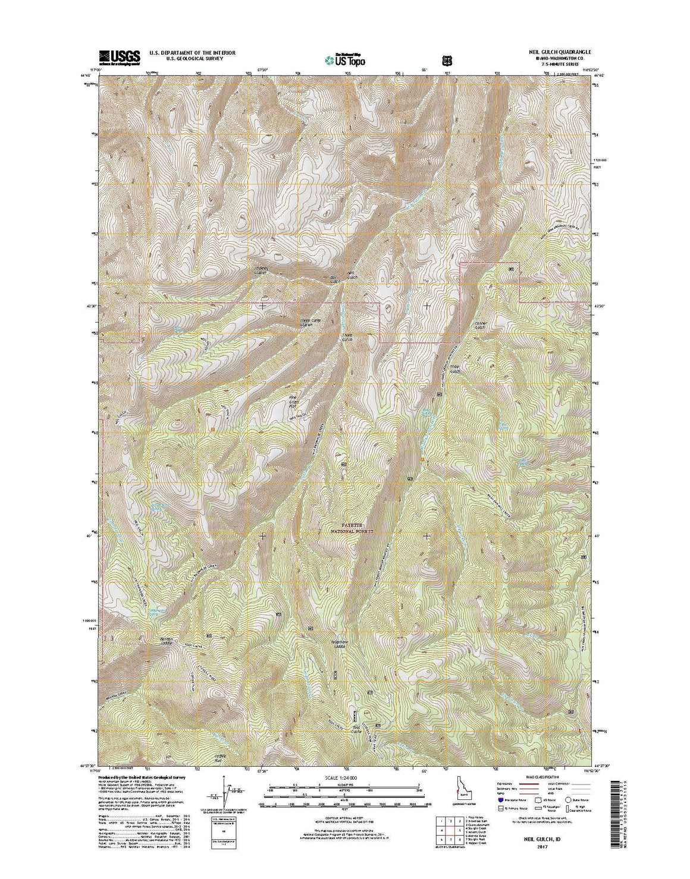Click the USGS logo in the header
tap(120, 56)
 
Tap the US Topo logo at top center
tap(345, 59)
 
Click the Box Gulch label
tap(335, 279)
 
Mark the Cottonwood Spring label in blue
tap(157, 508)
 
